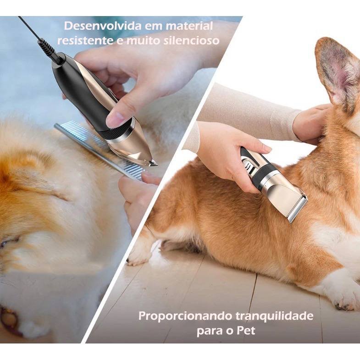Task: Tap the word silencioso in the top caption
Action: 192,41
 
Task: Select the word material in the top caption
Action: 189,26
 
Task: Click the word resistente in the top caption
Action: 86,41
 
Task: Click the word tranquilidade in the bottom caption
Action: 274,316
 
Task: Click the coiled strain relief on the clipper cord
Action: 48,48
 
